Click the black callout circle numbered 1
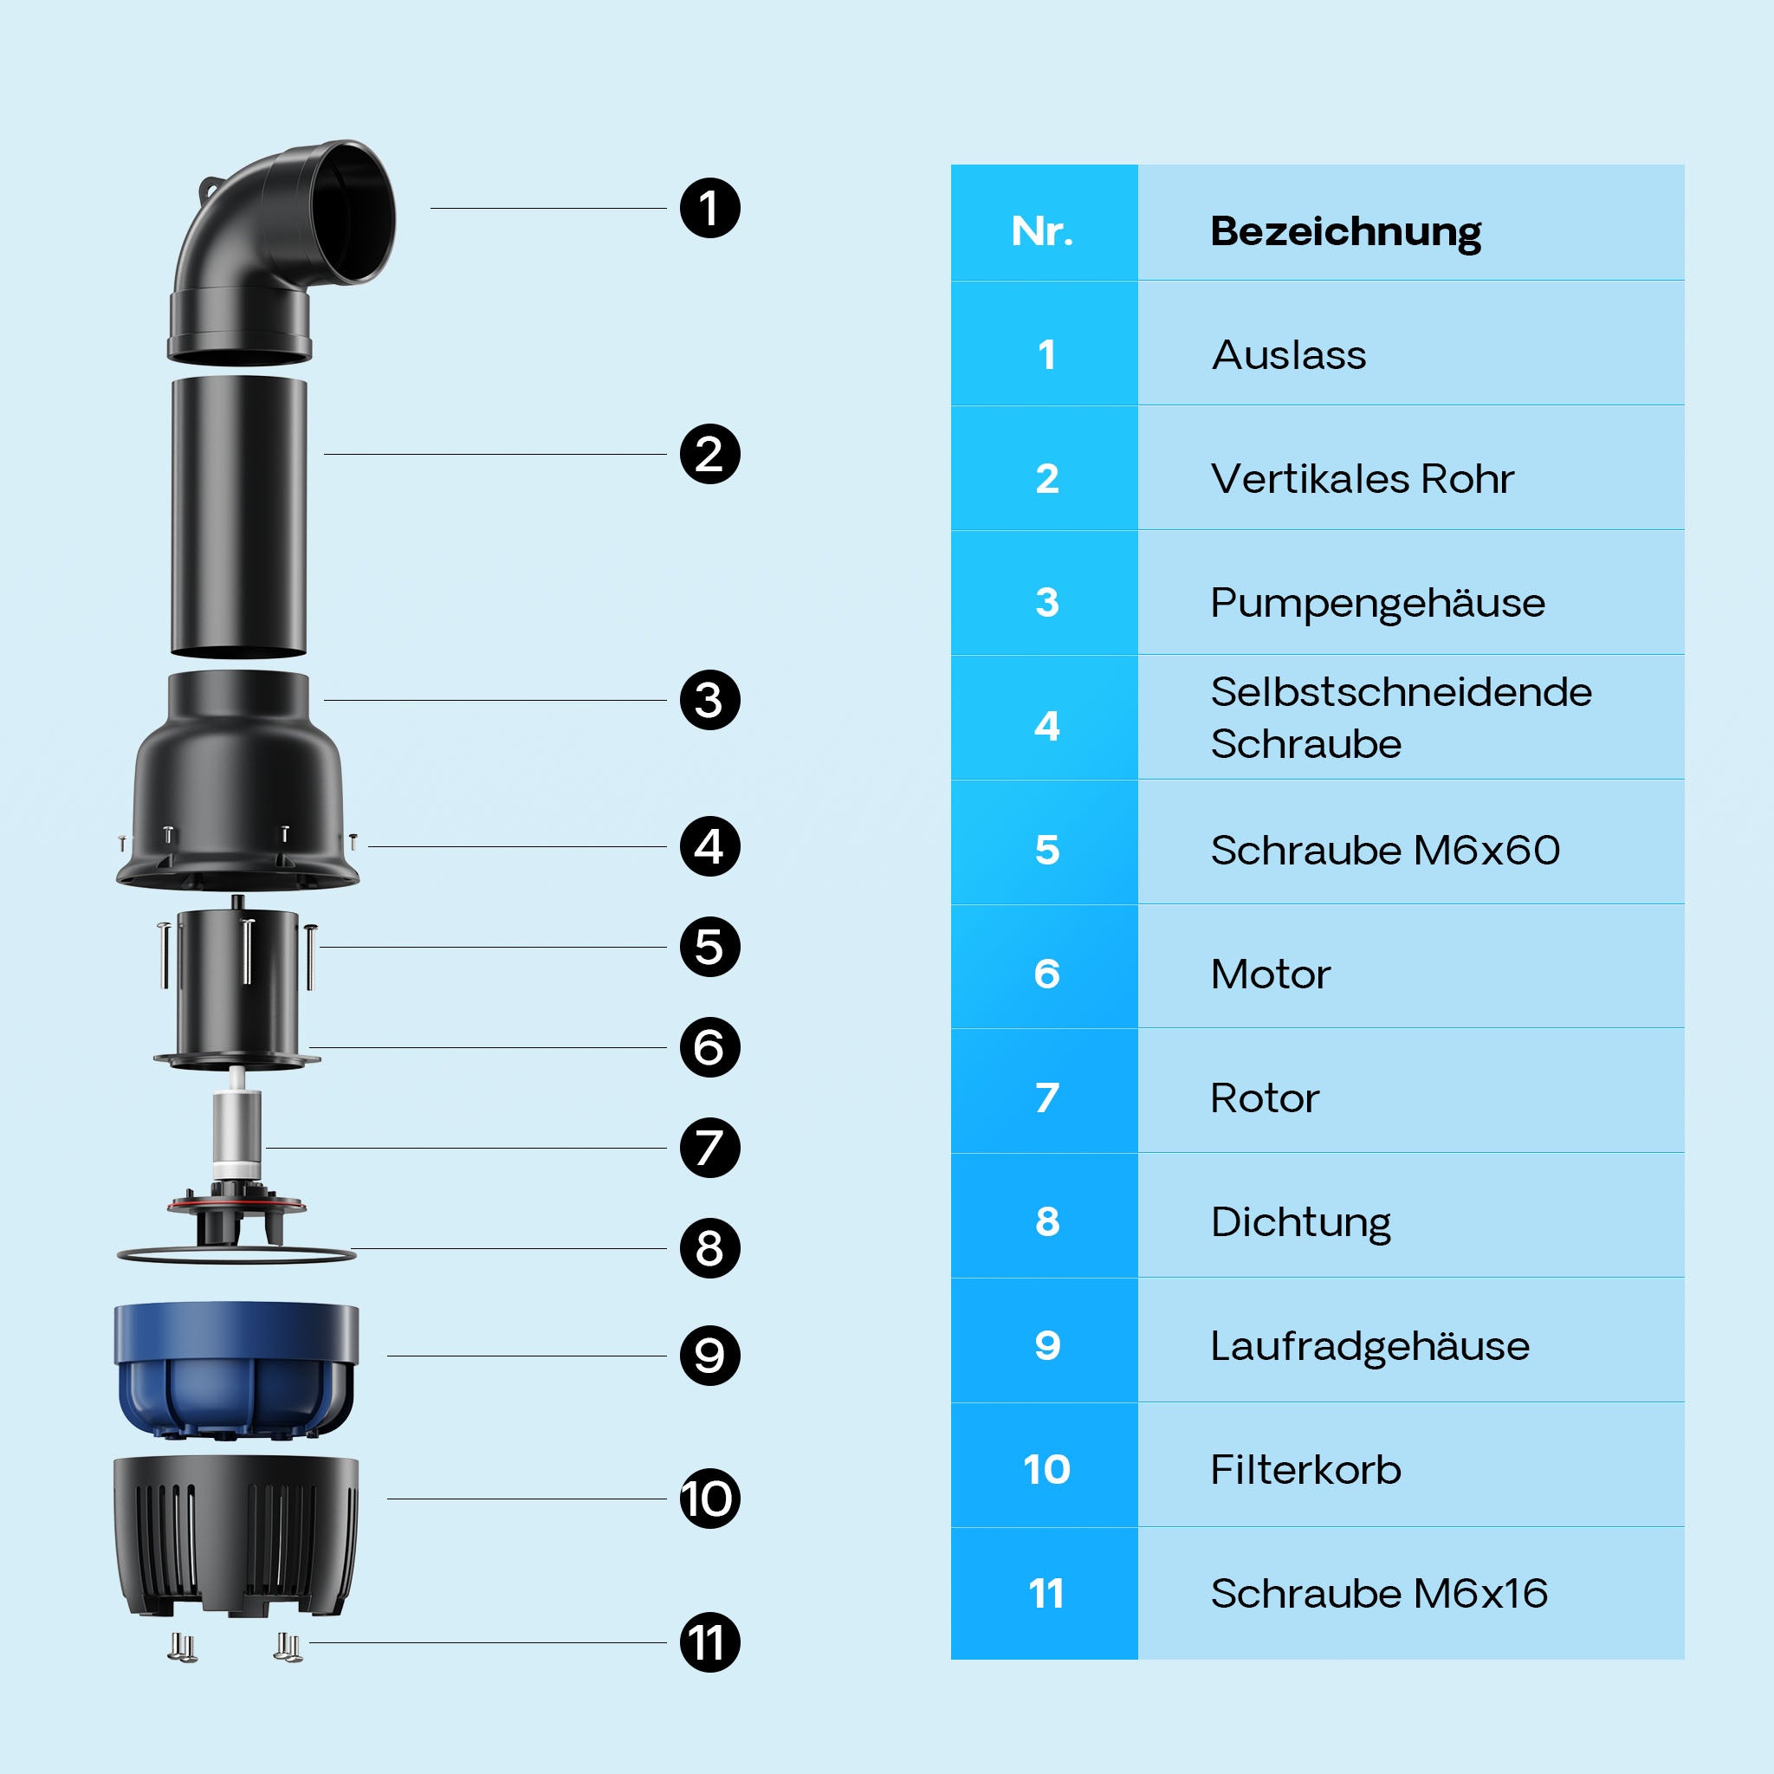[709, 209]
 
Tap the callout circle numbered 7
[709, 1148]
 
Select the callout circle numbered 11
[709, 1642]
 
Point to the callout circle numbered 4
[709, 846]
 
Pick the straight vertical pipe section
[239, 516]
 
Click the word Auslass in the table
[1288, 355]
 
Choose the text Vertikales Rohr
[1362, 479]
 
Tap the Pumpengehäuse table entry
[1377, 603]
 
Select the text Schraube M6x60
[1385, 851]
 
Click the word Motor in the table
[1270, 974]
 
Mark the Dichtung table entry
[1300, 1222]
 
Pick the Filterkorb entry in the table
[1305, 1470]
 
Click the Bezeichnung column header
[1345, 231]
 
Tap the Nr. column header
[1042, 231]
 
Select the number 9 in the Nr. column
[1046, 1346]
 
